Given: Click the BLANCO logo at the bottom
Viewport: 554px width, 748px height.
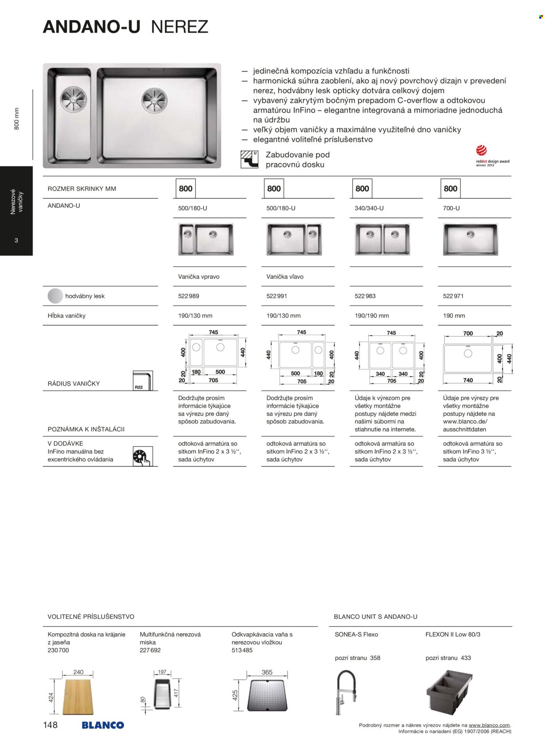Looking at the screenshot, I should tap(102, 725).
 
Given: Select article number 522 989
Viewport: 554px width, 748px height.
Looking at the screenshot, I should tap(188, 296).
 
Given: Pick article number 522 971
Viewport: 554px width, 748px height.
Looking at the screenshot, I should tap(453, 296).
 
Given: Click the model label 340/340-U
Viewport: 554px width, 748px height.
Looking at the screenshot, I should tap(369, 208).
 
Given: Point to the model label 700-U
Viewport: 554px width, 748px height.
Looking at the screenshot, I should tap(451, 208).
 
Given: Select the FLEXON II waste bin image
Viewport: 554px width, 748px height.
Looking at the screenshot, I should tap(449, 693).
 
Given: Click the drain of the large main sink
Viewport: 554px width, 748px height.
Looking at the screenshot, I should tap(154, 99).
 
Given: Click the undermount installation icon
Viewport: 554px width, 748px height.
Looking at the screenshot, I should tap(249, 160).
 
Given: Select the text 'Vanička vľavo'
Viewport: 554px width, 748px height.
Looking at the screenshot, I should tap(285, 277).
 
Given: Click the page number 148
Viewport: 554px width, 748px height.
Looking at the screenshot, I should tap(50, 725).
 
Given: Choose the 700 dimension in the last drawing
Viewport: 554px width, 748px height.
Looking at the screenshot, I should tap(468, 333).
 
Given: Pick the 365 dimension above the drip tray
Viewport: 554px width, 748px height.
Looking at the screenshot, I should tap(267, 672).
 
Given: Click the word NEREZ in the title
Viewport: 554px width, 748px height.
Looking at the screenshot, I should tap(179, 27).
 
